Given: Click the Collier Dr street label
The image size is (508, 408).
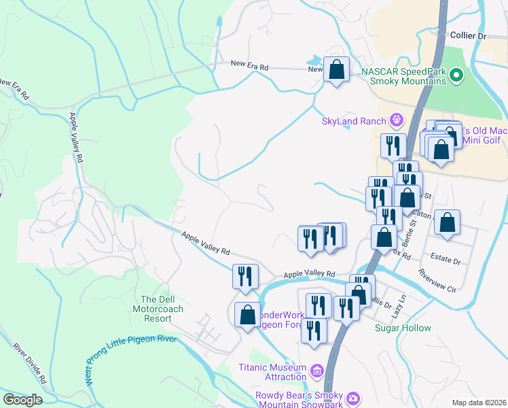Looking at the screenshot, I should [468, 35].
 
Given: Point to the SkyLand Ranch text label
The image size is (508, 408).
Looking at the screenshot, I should [353, 122].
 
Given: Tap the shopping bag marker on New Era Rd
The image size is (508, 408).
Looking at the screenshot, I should [336, 69].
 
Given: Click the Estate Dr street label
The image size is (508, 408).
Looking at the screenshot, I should [446, 260].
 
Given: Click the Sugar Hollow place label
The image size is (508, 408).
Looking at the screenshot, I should [403, 328].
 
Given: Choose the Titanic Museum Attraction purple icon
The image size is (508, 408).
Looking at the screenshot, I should [316, 371].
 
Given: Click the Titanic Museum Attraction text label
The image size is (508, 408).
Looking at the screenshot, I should [272, 372].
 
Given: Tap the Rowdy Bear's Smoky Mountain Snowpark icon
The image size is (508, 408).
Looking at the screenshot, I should [352, 397].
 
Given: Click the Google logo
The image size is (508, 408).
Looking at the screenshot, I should [22, 399].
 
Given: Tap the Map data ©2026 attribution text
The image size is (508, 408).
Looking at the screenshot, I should [479, 403].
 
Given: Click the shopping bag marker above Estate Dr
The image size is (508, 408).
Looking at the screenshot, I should [448, 222].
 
